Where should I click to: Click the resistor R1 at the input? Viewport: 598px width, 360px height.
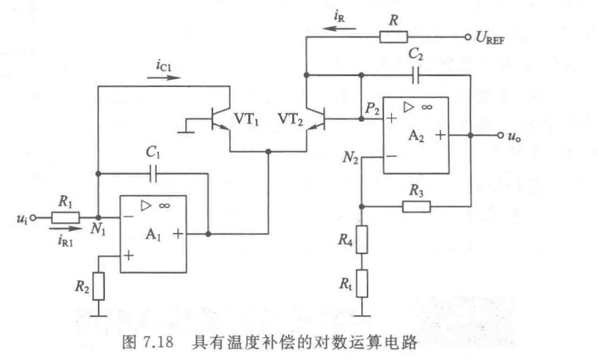(65, 217)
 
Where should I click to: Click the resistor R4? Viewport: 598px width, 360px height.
(361, 239)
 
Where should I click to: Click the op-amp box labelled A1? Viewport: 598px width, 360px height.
(153, 234)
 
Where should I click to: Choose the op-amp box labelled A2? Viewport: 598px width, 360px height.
(415, 135)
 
